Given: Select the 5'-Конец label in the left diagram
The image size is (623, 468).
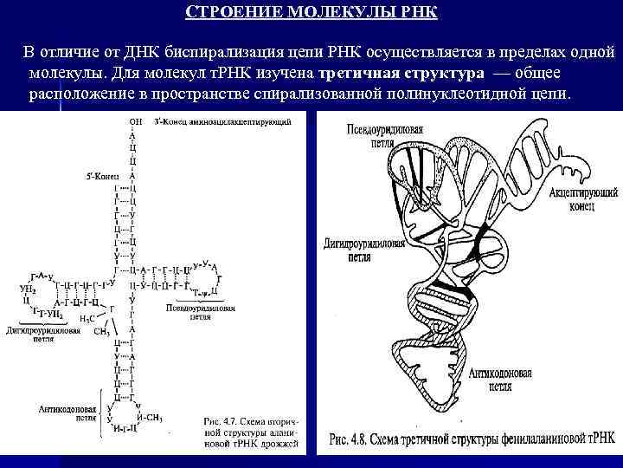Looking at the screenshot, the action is click(x=101, y=175).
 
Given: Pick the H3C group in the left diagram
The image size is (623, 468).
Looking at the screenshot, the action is click(x=87, y=318).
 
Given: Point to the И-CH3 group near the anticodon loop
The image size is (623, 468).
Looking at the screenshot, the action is click(x=154, y=418).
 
